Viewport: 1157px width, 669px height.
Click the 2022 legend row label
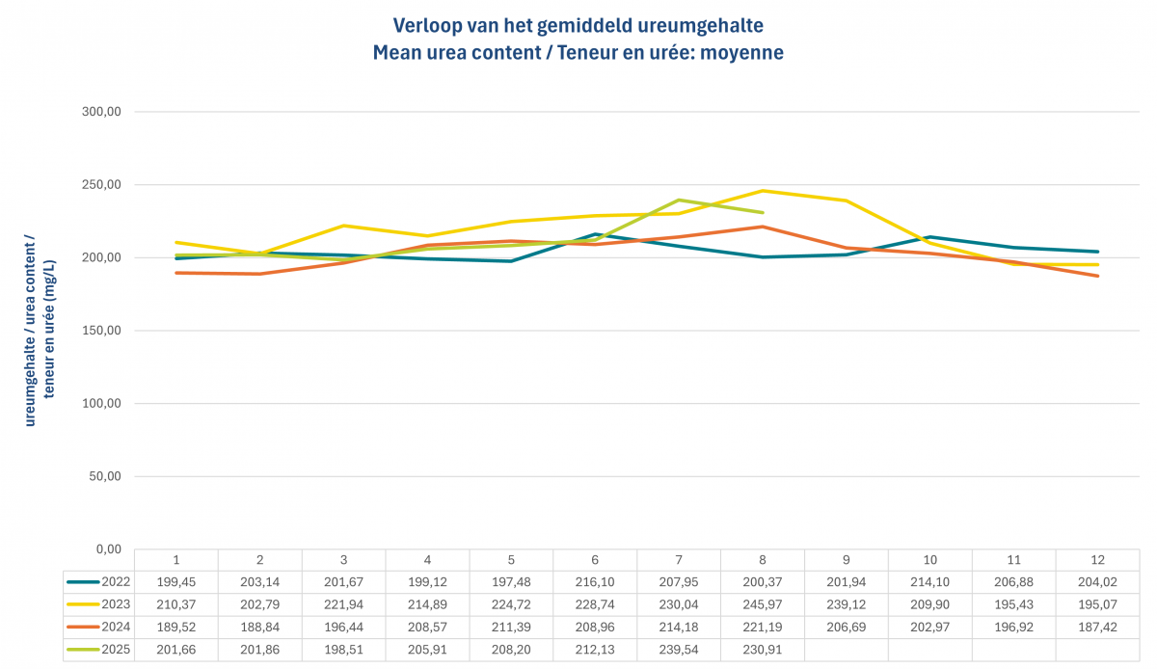point(117,581)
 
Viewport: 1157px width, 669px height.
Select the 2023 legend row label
point(117,603)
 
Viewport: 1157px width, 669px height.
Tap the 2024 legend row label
point(117,626)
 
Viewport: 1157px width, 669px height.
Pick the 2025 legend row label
point(117,649)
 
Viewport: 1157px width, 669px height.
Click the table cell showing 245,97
point(763,603)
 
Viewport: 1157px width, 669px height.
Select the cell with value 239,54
point(679,649)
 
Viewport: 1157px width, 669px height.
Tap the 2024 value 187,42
point(1098,626)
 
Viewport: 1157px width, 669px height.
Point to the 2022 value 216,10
point(595,581)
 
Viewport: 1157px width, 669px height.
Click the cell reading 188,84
point(259,626)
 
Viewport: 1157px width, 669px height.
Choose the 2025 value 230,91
point(763,649)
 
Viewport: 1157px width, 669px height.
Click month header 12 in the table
point(1098,559)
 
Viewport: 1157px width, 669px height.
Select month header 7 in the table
point(679,559)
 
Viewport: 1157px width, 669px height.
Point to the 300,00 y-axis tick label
point(101,112)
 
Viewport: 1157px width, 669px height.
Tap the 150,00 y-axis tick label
point(101,331)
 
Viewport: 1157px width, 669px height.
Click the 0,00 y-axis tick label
point(105,549)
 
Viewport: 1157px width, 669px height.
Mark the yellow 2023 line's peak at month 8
point(763,190)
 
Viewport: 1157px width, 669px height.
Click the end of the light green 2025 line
point(763,212)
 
